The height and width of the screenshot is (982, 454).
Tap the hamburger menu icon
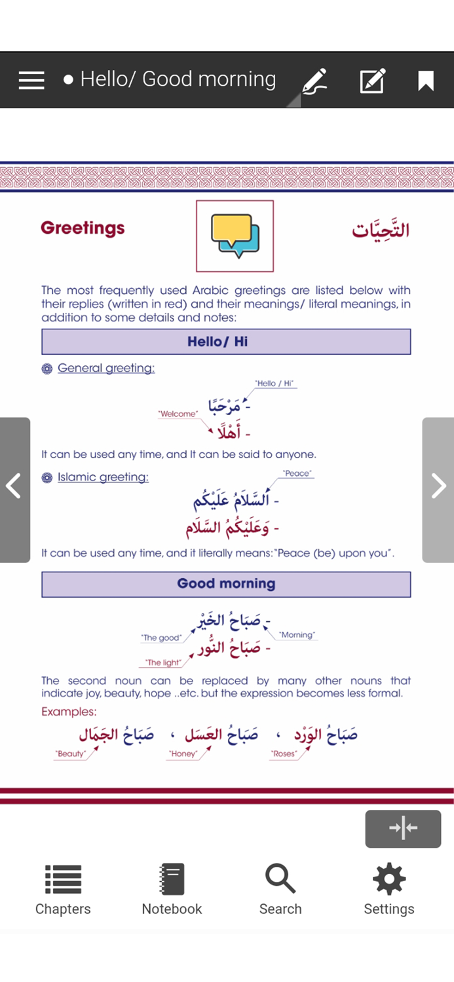31,81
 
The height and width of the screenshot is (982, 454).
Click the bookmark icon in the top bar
426,81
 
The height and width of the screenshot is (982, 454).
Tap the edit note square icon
372,81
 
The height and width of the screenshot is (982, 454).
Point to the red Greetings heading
83,228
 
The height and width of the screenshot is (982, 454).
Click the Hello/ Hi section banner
226,342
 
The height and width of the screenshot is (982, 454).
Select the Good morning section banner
226,584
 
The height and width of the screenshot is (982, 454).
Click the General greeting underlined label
106,368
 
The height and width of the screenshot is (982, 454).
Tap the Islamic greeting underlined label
103,477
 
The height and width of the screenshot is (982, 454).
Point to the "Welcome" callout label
178,414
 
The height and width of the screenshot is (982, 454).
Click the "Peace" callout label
297,473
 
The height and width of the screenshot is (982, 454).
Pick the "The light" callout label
163,663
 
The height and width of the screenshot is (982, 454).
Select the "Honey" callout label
183,754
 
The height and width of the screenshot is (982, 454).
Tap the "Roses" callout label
284,754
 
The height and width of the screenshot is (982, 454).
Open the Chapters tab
63,889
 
